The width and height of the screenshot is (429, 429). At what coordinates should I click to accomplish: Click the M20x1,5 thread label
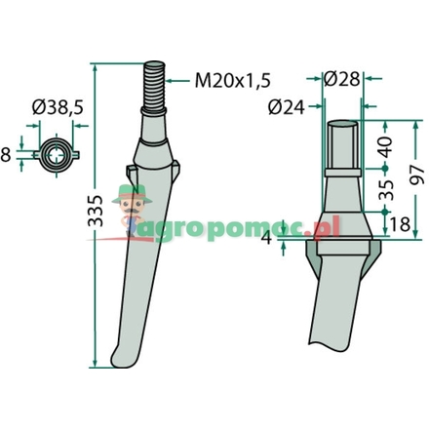233,81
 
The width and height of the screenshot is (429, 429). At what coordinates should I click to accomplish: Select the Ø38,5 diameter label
58,107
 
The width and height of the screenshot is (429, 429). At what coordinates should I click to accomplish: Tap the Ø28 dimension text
342,79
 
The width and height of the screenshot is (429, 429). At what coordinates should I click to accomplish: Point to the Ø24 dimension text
287,107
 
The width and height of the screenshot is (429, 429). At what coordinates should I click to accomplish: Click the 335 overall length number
96,211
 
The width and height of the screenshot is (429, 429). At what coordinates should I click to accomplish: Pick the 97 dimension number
417,175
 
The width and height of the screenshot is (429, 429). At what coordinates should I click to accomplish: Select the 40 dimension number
386,147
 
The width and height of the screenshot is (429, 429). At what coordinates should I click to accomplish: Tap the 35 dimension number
386,189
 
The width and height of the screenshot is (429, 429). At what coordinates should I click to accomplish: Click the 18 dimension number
400,224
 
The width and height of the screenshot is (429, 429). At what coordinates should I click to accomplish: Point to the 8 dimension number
6,155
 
